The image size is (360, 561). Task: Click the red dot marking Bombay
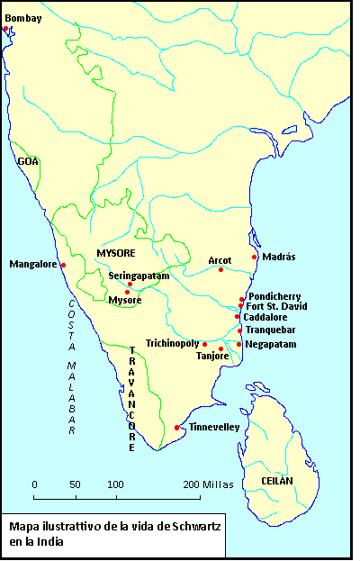pos(5,29)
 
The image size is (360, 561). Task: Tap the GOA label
pos(28,161)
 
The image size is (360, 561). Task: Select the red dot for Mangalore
pos(64,265)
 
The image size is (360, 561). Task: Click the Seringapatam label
pos(139,276)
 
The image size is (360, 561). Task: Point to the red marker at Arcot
pos(220,270)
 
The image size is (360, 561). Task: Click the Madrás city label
pos(279,258)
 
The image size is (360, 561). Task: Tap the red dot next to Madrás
pos(256,258)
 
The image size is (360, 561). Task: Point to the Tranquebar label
pos(274,330)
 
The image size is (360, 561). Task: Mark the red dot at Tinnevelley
pos(177,428)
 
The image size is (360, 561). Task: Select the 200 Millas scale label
pos(211,484)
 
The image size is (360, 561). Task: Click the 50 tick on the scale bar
pos(76,484)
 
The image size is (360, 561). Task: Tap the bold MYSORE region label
pos(115,253)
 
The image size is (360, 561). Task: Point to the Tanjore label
pos(212,356)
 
